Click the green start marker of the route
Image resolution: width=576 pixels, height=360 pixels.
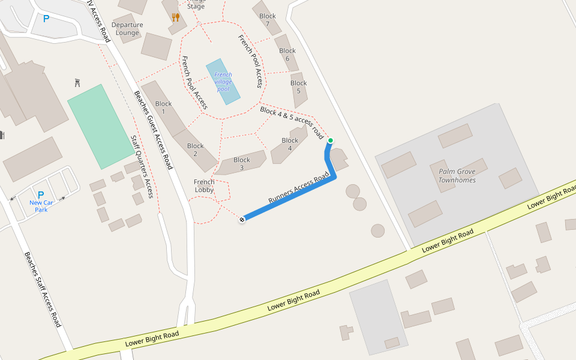point(330,140)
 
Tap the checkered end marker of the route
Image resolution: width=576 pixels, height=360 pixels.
point(242,220)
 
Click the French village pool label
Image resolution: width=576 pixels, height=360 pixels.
point(223,82)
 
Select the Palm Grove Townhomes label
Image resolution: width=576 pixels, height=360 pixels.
point(457,175)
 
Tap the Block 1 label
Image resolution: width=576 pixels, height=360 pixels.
point(163,108)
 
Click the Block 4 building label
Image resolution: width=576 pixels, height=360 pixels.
point(290,145)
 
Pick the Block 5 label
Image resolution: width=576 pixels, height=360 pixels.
point(299,87)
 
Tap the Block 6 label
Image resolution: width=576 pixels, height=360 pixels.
point(287,55)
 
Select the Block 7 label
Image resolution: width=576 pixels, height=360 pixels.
point(268,20)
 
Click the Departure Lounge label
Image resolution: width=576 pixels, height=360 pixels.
point(127,29)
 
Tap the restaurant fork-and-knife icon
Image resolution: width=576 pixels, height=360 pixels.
point(175,17)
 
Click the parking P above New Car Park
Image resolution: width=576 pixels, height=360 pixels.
point(41,195)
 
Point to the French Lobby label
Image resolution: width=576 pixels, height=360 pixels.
point(204,186)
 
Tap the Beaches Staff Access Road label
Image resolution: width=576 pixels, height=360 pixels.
point(43,289)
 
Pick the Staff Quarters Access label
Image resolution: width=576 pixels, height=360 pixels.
point(142,166)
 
